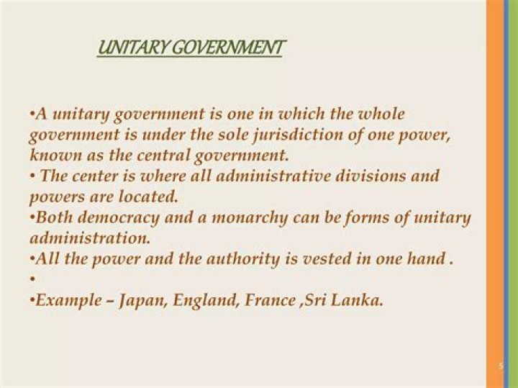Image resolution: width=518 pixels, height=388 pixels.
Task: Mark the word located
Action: click(152, 197)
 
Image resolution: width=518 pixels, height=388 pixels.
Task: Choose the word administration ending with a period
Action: click(91, 238)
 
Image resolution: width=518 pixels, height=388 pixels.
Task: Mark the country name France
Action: click(270, 300)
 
